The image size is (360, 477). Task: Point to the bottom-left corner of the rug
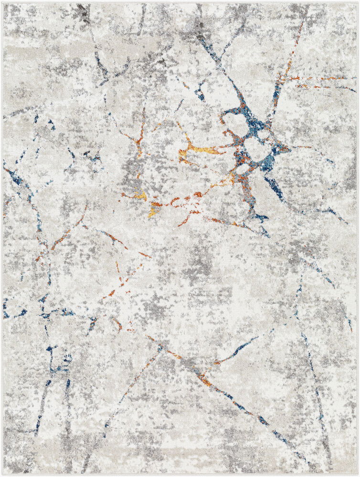point(3,474)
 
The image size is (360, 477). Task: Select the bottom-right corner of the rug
point(357,474)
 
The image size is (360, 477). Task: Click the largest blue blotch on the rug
point(251,129)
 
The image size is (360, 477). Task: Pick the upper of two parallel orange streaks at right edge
point(320,78)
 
